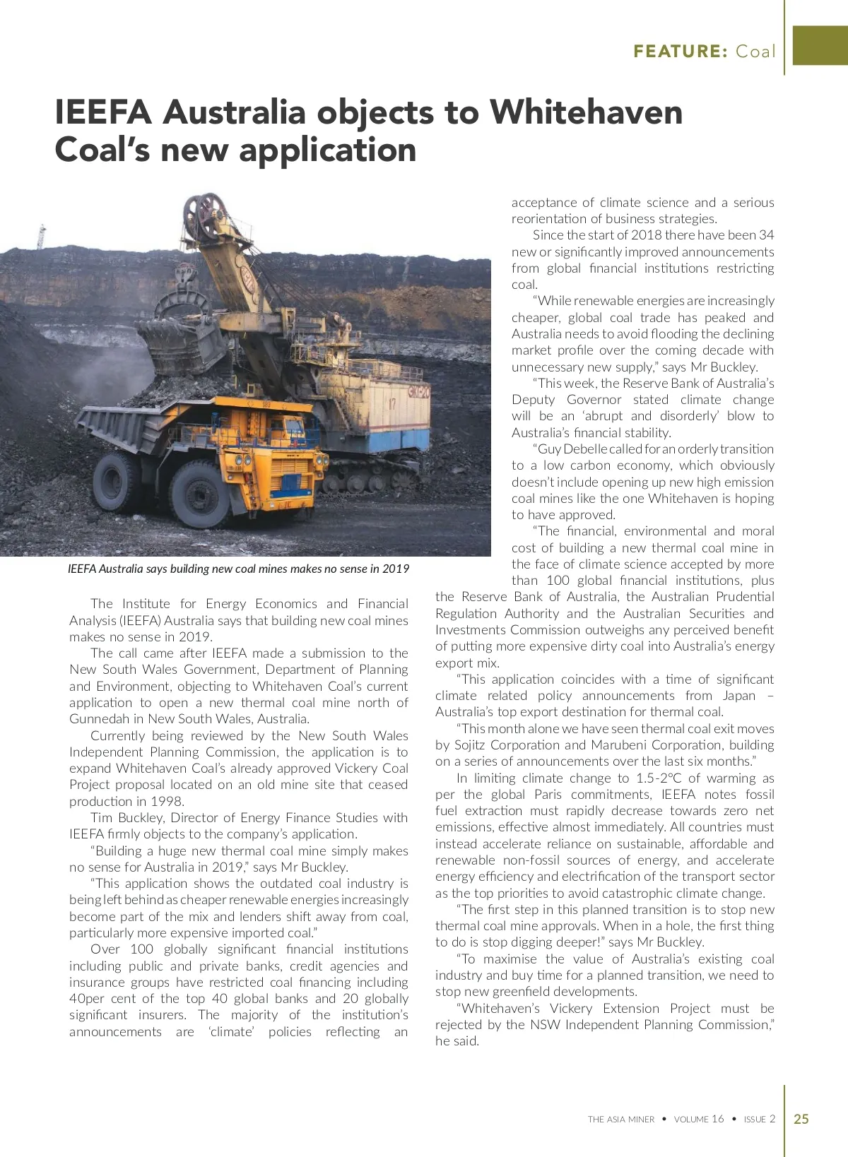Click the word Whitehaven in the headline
[586, 112]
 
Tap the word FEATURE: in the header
[681, 51]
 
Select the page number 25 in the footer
[801, 1119]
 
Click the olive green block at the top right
[820, 45]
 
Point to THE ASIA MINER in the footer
[621, 1120]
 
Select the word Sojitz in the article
[469, 744]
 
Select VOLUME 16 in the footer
[699, 1120]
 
